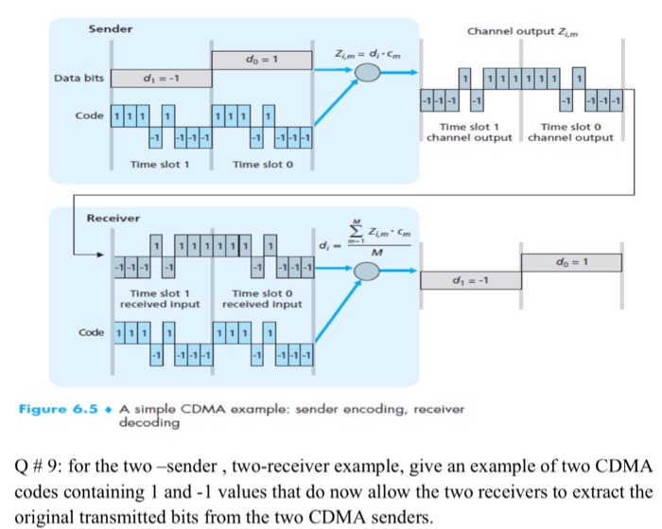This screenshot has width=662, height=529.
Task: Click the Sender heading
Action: [x=111, y=29]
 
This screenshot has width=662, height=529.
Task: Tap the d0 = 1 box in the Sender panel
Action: [x=261, y=60]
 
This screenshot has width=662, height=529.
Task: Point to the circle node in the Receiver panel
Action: [x=369, y=272]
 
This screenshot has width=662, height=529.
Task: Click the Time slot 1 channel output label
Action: [x=469, y=132]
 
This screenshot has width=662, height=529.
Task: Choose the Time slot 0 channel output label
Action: [x=570, y=132]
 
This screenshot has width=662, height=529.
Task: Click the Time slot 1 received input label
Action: [x=160, y=299]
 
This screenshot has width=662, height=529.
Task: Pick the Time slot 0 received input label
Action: [x=261, y=299]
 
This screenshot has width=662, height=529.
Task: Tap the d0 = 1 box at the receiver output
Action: [x=570, y=260]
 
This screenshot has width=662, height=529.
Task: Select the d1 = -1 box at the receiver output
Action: [x=469, y=279]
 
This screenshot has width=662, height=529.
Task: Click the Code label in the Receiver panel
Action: [x=91, y=334]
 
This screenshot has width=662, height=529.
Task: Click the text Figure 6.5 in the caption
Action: [x=57, y=409]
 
